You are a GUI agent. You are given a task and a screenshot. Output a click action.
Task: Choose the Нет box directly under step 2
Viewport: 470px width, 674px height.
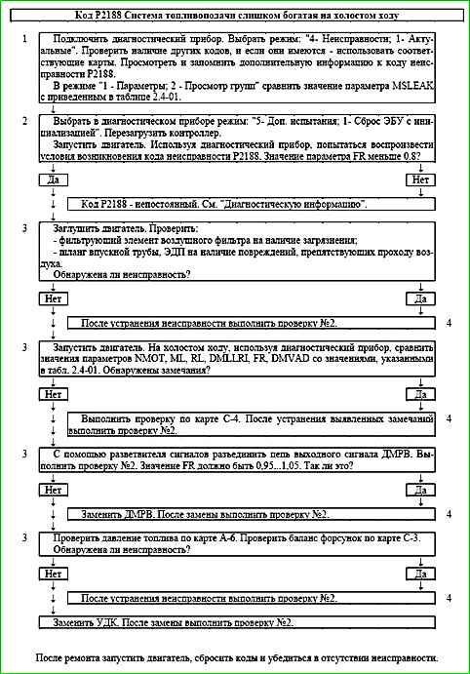click(x=421, y=180)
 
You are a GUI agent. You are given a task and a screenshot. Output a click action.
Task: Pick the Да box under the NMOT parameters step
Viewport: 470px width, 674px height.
click(x=421, y=394)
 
